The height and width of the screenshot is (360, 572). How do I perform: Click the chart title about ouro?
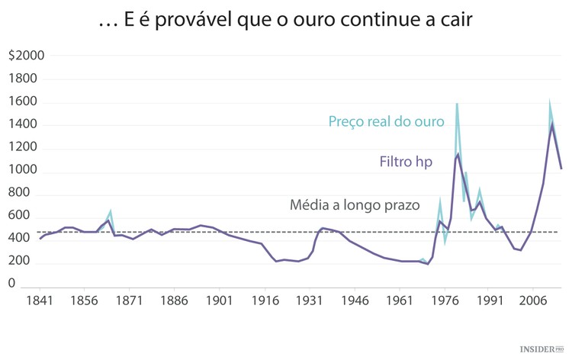click(286, 21)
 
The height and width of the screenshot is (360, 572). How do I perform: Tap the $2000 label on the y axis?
click(27, 56)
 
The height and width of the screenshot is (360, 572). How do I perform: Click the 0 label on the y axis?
click(11, 284)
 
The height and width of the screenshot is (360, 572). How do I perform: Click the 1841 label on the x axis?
click(39, 301)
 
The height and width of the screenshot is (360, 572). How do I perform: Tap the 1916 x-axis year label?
click(265, 301)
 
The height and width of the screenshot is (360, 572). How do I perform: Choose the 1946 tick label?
click(355, 301)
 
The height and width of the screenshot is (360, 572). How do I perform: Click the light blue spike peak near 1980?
click(457, 104)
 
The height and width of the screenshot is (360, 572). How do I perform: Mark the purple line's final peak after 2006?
click(551, 124)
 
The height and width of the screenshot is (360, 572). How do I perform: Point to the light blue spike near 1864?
click(111, 211)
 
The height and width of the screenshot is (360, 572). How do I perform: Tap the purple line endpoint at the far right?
click(561, 169)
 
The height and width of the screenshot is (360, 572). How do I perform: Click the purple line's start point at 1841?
click(40, 239)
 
